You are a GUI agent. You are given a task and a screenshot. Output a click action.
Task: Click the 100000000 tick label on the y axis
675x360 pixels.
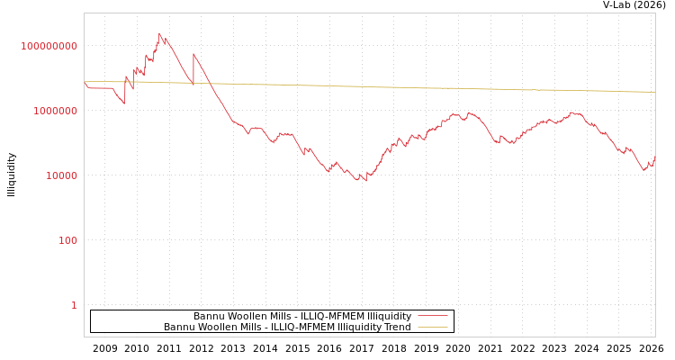49,46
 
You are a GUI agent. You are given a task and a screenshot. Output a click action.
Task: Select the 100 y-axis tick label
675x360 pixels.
68,240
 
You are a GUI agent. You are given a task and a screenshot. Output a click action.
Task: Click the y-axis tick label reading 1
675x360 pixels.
74,305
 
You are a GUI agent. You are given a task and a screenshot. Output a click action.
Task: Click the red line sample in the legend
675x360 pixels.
432,316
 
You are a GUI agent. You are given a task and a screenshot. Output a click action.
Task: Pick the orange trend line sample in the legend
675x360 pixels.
432,327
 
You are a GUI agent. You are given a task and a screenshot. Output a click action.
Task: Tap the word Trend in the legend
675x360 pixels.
395,327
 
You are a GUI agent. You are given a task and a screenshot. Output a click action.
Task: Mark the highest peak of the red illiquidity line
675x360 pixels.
160,34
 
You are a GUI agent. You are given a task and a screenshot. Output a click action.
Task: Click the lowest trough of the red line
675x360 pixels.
365,182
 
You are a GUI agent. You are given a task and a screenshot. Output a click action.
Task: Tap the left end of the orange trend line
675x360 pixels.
85,82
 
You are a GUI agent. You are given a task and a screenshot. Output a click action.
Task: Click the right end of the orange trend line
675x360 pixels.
655,92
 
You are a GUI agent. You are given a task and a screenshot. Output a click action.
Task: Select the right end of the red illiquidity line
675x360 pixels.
655,157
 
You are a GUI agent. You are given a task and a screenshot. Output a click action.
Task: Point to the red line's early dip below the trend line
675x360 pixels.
124,103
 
